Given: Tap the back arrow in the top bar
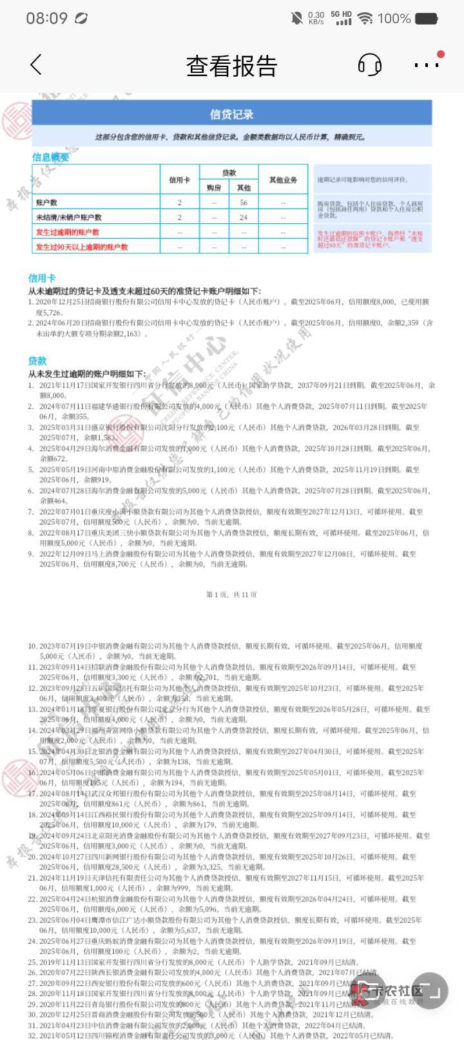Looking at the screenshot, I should click(36, 65).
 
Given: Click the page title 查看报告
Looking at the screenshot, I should click(231, 66).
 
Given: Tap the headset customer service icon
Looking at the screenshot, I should click(369, 65).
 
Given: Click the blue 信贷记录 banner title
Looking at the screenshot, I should click(231, 114).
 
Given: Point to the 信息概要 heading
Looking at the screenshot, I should click(50, 157).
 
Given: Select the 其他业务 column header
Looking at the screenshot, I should click(283, 180).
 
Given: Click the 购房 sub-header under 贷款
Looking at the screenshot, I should click(214, 188).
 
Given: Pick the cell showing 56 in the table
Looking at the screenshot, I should click(244, 203).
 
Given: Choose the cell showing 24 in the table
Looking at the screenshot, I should click(244, 217).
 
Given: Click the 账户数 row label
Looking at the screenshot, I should click(46, 203).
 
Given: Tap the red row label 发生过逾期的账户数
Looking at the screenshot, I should click(68, 232).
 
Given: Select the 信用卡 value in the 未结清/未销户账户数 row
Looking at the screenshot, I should click(180, 217).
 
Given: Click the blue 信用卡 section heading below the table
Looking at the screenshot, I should click(41, 278).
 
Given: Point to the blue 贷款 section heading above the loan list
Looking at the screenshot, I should click(37, 361).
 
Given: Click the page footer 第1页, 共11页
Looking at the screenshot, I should click(231, 594).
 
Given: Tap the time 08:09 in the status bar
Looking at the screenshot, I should click(46, 18).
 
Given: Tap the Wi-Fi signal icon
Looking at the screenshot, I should click(365, 18).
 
